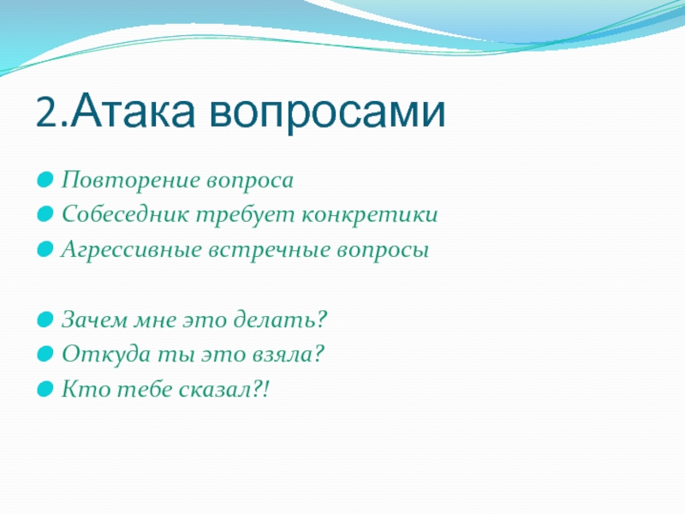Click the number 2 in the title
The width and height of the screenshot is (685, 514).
(x=47, y=112)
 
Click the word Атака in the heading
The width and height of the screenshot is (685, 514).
(x=133, y=110)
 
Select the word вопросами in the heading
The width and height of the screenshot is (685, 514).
(x=327, y=113)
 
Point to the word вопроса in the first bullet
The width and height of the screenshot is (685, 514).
(x=250, y=182)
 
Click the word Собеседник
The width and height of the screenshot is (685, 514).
(x=124, y=214)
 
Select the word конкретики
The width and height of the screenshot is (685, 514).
(x=370, y=215)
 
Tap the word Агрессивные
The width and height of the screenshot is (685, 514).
(x=131, y=251)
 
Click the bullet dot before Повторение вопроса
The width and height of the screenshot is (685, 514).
(x=45, y=180)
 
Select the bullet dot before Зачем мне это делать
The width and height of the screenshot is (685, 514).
(x=45, y=320)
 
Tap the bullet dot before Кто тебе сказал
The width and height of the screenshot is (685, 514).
(x=45, y=389)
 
